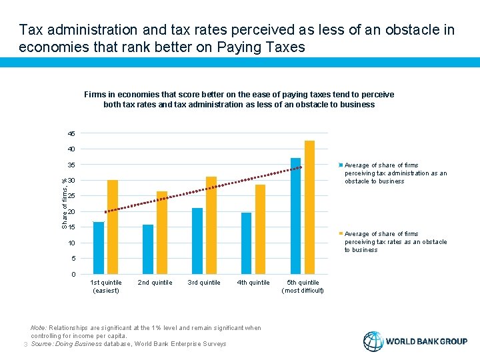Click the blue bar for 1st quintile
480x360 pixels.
coord(99,248)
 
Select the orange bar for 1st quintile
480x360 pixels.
coord(112,227)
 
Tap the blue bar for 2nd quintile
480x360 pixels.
coord(148,249)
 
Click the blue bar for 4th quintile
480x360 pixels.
coord(247,243)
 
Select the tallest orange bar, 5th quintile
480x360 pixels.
coord(309,207)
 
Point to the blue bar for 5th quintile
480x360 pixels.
coord(296,216)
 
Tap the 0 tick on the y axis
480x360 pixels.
coord(74,275)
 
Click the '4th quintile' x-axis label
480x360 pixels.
coord(253,283)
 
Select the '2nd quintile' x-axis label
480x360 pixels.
coord(155,283)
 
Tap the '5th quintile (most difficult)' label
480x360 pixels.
coord(303,287)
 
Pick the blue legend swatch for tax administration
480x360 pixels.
coord(341,165)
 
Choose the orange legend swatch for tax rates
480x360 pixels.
coord(341,234)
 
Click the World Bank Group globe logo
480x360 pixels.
coord(373,341)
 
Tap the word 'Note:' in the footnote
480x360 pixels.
coord(39,328)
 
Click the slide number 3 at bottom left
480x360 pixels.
coord(25,344)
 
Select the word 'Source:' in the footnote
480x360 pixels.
coord(42,344)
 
